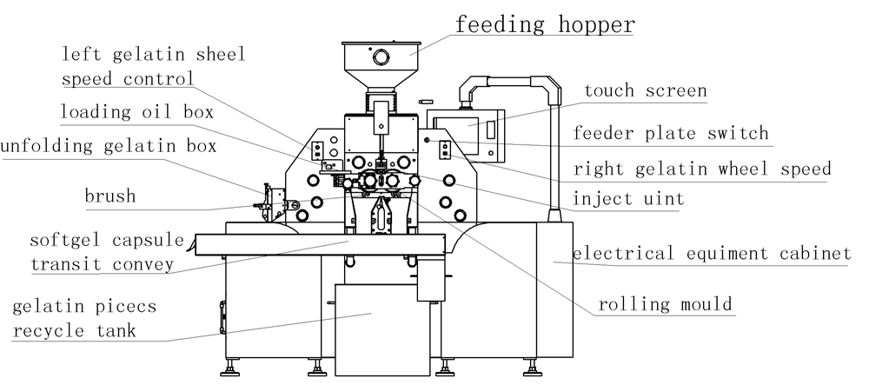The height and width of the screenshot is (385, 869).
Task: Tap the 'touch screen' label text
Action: pyautogui.click(x=645, y=91)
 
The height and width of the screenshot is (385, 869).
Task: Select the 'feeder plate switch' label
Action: pyautogui.click(x=671, y=133)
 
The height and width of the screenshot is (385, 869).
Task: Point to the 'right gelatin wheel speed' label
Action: pyautogui.click(x=702, y=169)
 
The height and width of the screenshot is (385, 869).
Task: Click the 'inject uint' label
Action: pyautogui.click(x=628, y=199)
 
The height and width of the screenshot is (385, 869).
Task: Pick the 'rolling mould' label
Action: pyautogui.click(x=666, y=304)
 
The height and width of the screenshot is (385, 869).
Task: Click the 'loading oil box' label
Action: pyautogui.click(x=136, y=112)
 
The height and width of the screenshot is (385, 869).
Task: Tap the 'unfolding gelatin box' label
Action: pyautogui.click(x=109, y=145)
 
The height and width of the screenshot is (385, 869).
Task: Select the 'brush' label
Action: pyautogui.click(x=110, y=196)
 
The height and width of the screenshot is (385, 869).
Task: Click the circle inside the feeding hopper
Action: pyautogui.click(x=381, y=57)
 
